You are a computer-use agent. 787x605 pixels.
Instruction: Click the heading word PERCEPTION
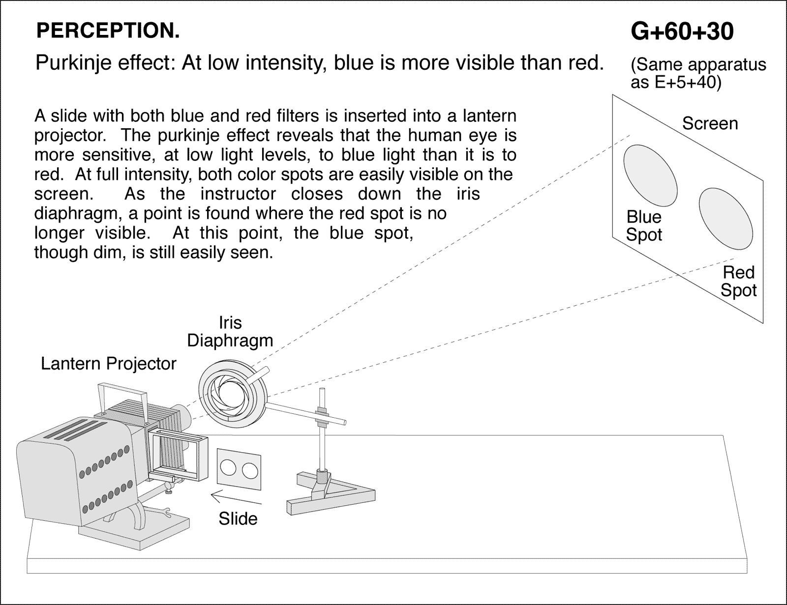pyautogui.click(x=108, y=31)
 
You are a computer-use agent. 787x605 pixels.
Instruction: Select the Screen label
pyautogui.click(x=709, y=123)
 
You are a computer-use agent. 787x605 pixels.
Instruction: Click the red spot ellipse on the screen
pyautogui.click(x=726, y=219)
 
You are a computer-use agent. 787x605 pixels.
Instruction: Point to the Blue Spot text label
pyautogui.click(x=643, y=226)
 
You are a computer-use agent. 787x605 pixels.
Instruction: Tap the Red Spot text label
pyautogui.click(x=738, y=281)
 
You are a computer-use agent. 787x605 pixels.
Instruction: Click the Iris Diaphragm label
pyautogui.click(x=230, y=332)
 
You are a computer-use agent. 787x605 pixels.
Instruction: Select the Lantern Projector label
pyautogui.click(x=108, y=364)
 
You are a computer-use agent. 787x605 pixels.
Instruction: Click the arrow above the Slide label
pyautogui.click(x=235, y=498)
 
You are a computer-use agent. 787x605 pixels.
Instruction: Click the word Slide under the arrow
pyautogui.click(x=238, y=519)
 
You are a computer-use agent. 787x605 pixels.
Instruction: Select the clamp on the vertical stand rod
pyautogui.click(x=322, y=415)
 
